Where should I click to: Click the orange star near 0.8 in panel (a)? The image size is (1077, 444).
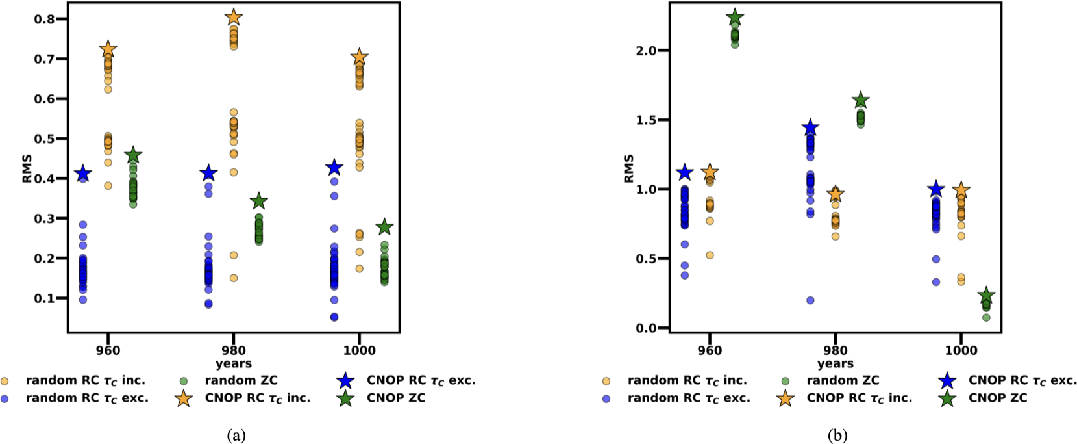234,18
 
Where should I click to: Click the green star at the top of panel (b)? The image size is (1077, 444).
735,18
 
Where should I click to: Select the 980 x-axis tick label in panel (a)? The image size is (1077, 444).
234,350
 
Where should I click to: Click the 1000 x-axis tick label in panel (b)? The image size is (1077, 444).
961,350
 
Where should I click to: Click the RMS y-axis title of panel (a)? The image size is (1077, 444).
27,168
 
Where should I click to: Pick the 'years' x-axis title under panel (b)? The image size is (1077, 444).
836,363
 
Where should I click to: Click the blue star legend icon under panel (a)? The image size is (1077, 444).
345,381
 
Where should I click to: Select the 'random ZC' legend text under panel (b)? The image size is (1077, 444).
843,380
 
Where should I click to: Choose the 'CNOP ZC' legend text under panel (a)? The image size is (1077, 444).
396,398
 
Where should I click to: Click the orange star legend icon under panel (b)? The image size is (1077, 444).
786,398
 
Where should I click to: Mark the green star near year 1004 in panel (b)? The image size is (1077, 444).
986,295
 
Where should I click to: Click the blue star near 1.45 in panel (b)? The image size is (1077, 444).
810,127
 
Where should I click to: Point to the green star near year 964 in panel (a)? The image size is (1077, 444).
133,155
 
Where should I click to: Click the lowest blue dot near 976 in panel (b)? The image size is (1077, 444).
810,300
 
